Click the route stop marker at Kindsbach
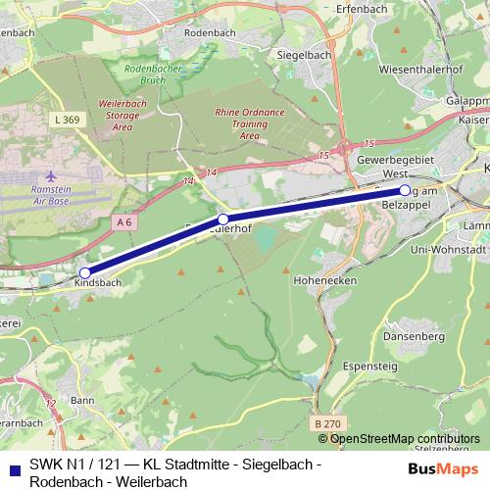[85, 272]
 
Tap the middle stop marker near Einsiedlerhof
[223, 219]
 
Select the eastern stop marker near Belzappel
[404, 190]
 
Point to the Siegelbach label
[306, 55]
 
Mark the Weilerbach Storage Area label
[122, 114]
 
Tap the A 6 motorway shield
[123, 222]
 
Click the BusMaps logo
[443, 468]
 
